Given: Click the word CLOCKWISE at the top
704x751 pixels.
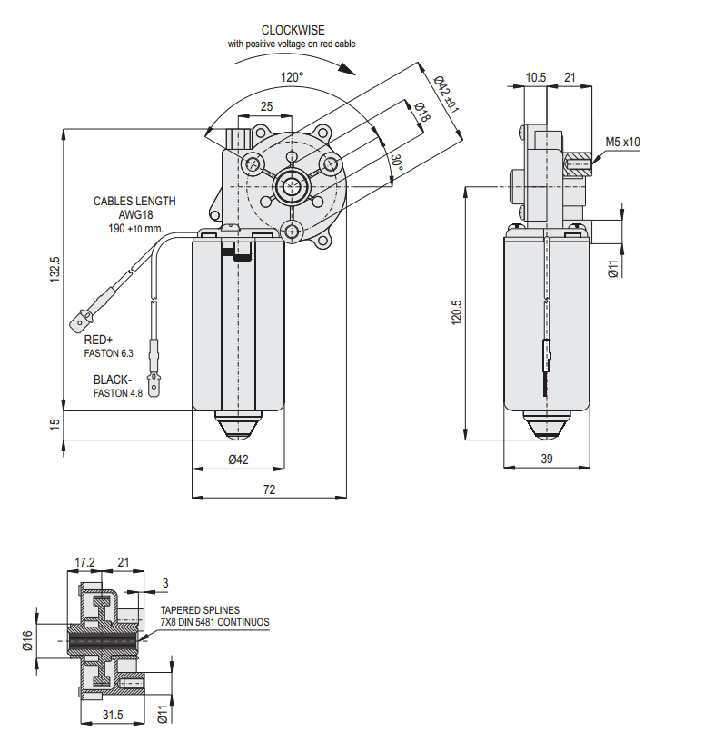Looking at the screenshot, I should tap(293, 30).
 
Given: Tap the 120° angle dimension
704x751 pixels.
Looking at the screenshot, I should tap(292, 77).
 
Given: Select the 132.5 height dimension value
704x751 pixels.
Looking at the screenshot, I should tap(55, 271).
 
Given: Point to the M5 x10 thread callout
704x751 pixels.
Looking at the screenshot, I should tap(623, 142).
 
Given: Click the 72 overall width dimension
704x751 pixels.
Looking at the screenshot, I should tap(269, 489).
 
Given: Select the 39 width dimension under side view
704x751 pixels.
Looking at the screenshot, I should tap(547, 459).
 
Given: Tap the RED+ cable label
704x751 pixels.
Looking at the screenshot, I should tap(98, 339).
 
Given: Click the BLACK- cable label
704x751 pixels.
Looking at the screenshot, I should tap(113, 380).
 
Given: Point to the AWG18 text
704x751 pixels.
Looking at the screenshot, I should tap(134, 215).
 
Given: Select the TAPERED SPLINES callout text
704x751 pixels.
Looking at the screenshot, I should tap(201, 610).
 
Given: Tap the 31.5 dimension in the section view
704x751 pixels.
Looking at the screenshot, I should tap(113, 715).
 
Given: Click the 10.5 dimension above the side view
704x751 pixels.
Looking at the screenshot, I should tap(536, 78).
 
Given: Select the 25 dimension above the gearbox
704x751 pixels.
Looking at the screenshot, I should tap(266, 106).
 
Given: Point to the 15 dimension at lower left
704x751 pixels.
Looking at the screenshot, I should tap(55, 423).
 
